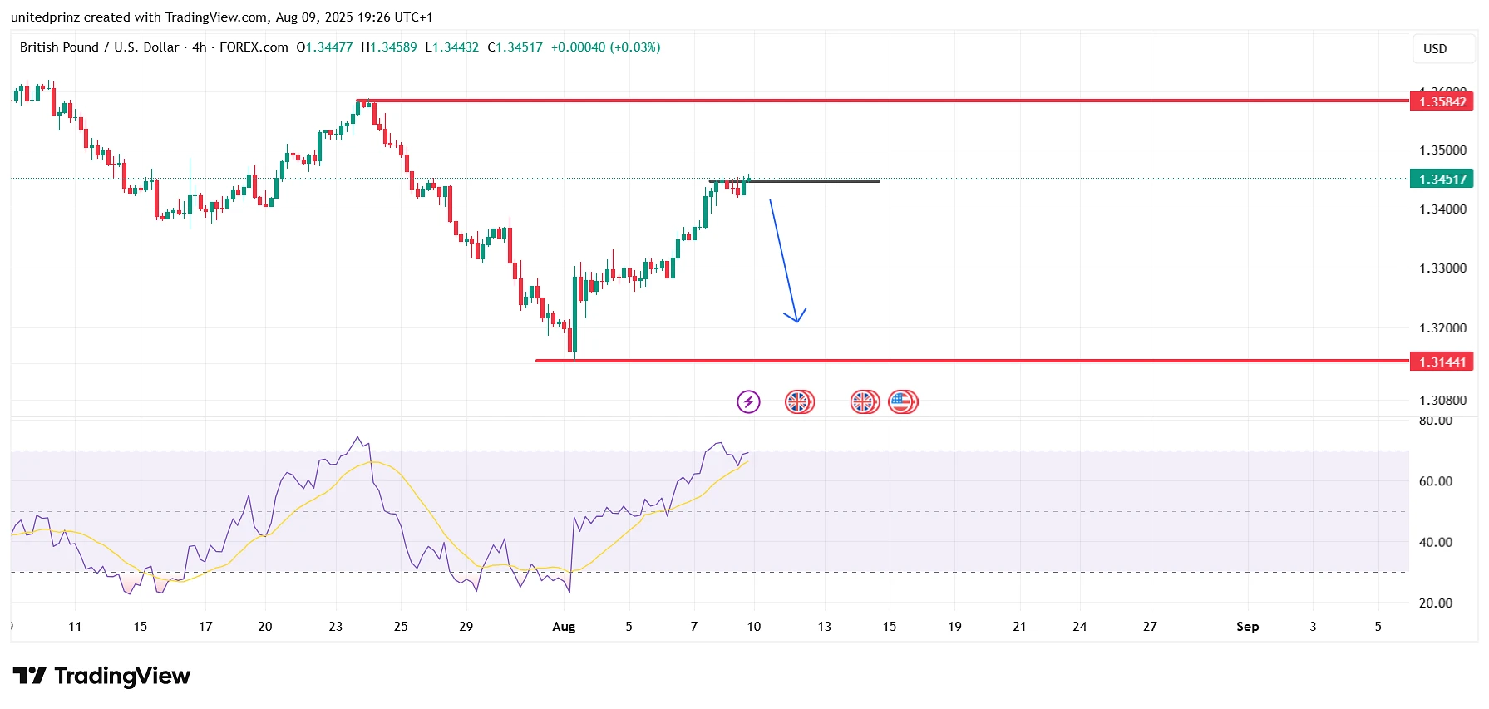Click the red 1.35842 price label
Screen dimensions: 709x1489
click(1442, 101)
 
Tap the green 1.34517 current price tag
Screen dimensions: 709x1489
click(1442, 179)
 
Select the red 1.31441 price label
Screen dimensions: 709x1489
click(1442, 362)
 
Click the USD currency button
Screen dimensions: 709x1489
click(1435, 49)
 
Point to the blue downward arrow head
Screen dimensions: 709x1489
click(796, 318)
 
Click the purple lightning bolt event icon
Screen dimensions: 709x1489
click(748, 402)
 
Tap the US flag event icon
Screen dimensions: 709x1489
click(902, 402)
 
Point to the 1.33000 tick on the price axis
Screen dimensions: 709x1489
click(1442, 268)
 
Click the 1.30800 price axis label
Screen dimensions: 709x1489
click(1442, 401)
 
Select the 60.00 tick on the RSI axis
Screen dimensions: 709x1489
click(1436, 481)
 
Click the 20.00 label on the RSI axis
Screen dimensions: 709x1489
click(1436, 603)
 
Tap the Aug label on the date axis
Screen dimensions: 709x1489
click(564, 627)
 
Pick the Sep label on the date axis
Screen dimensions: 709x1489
click(1247, 627)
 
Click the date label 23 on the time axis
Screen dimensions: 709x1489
click(335, 627)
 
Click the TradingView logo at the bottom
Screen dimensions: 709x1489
click(101, 676)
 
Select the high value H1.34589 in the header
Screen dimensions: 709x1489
click(389, 47)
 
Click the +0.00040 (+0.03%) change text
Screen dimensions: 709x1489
click(605, 47)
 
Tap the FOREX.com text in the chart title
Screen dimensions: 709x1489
click(254, 47)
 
